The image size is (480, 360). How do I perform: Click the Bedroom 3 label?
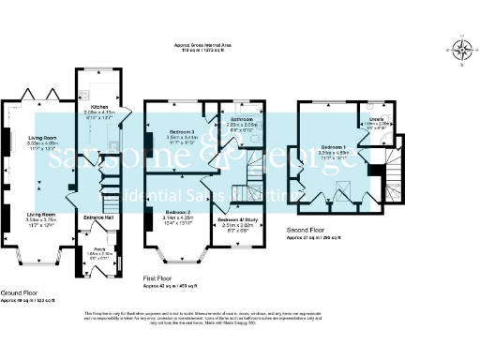tap(177, 131)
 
